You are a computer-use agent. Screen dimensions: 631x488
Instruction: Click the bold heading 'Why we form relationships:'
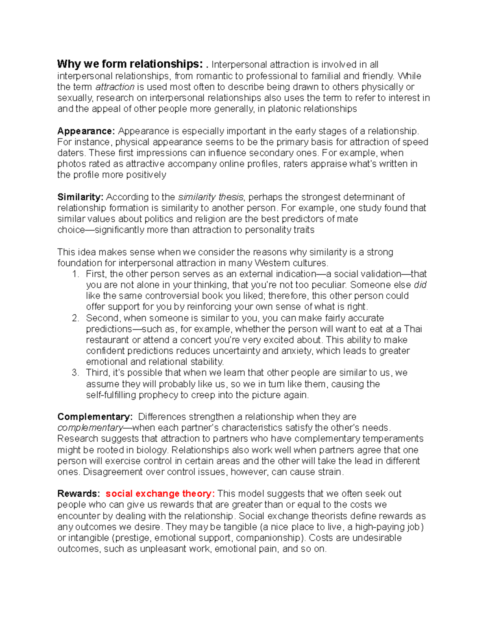click(129, 64)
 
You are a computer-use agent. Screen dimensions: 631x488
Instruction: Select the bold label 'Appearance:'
click(86, 131)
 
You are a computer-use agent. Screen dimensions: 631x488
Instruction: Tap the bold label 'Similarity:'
click(81, 197)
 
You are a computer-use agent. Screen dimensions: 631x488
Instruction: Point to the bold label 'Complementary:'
click(95, 417)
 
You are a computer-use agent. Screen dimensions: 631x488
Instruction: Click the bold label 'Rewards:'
click(78, 494)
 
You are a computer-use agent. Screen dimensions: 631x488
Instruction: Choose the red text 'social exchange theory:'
click(160, 494)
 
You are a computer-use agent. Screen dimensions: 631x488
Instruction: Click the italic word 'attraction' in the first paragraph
click(115, 87)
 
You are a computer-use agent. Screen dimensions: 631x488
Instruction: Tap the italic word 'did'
click(420, 285)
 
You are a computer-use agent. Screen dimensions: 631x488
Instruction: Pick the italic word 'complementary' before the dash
click(90, 428)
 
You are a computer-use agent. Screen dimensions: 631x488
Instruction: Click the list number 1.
click(75, 274)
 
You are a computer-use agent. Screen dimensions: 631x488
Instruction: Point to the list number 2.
click(75, 318)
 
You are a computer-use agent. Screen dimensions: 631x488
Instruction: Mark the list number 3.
click(75, 373)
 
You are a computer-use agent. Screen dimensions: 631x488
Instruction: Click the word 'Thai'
click(413, 329)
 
